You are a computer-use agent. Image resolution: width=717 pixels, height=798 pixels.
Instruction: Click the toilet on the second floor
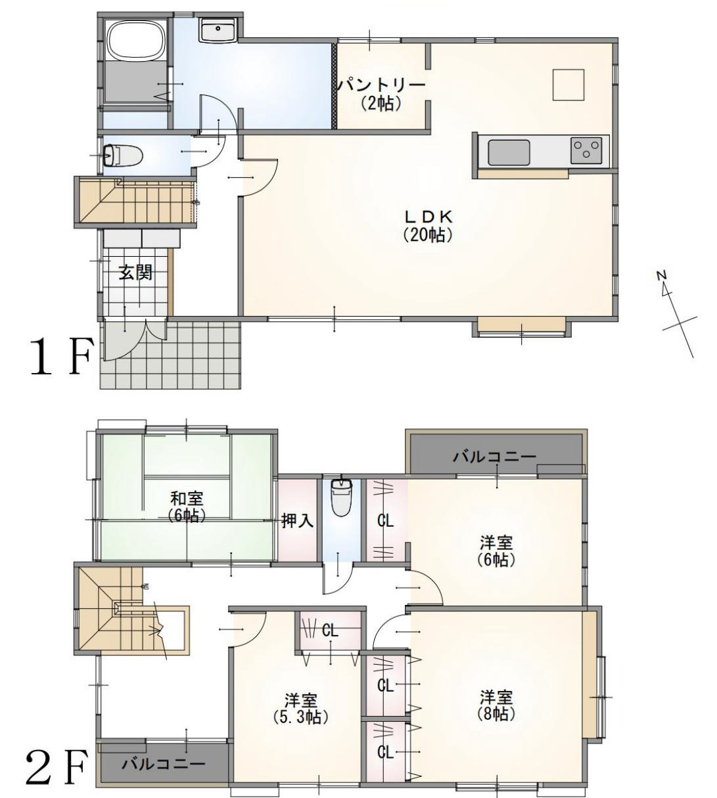340,498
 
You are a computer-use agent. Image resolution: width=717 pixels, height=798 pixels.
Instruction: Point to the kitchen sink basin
509,153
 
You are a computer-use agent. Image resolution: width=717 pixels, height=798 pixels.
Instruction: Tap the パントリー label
381,85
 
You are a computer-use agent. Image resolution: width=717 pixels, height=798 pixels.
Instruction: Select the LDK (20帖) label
428,225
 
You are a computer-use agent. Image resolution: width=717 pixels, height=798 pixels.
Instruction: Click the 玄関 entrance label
135,273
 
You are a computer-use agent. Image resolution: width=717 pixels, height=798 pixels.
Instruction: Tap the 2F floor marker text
56,768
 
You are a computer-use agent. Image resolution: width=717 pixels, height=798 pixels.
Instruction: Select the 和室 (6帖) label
187,506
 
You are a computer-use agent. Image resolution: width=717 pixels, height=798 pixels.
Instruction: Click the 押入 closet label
298,521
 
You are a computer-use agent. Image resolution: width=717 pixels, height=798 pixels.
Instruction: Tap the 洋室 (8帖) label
496,704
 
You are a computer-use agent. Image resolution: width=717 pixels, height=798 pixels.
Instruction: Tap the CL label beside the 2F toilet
385,521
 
